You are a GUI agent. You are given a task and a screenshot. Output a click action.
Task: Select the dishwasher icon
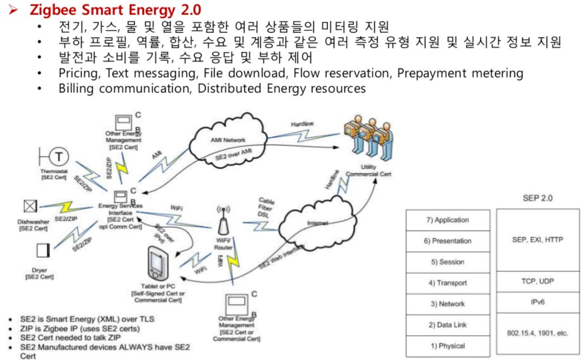coord(30,207)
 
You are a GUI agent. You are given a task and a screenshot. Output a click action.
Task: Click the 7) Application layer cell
coord(448,220)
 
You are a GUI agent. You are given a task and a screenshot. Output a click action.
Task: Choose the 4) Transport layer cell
coord(448,283)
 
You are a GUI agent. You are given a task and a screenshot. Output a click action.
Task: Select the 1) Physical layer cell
coord(448,346)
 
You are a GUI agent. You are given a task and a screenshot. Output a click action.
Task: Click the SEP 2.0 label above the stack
coord(537,198)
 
